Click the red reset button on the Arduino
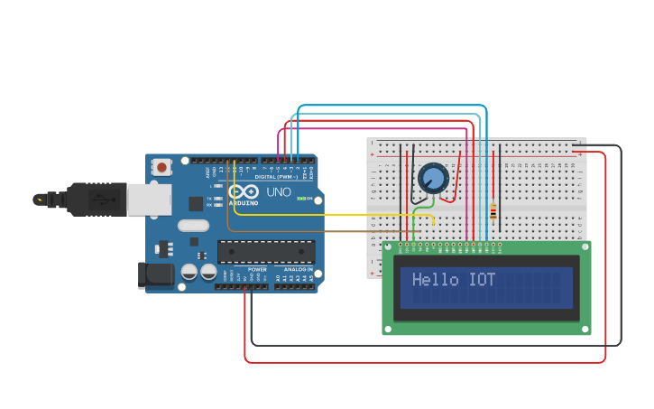point(162,166)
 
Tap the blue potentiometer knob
point(433,177)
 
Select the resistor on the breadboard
point(493,212)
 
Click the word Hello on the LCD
point(436,280)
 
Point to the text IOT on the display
point(482,280)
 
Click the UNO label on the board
point(278,192)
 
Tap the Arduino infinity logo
point(244,192)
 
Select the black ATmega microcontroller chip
point(266,252)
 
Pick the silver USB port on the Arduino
point(149,200)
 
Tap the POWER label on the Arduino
point(257,269)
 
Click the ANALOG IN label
point(299,269)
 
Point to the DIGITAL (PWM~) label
point(277,176)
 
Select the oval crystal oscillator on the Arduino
point(193,226)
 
